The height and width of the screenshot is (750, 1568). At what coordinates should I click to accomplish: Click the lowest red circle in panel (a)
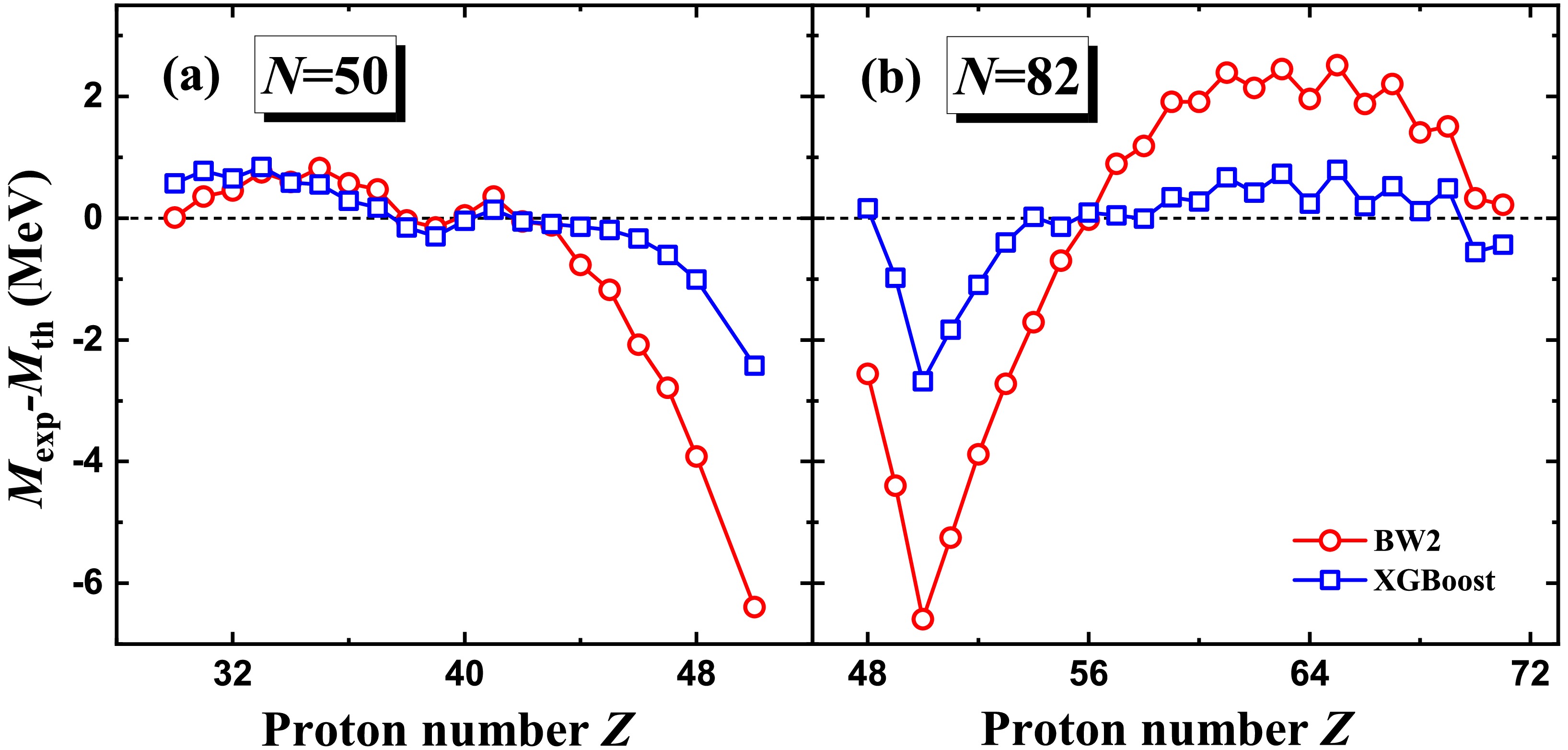(754, 607)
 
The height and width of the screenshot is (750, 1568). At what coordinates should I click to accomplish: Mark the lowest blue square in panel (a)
(754, 366)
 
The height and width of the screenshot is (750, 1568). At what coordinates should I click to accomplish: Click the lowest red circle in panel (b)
(923, 619)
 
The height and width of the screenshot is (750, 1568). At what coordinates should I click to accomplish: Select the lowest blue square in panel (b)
(923, 382)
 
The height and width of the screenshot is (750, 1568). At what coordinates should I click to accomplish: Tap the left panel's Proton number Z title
(449, 729)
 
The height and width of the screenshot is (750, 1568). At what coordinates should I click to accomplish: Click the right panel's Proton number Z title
(1167, 729)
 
